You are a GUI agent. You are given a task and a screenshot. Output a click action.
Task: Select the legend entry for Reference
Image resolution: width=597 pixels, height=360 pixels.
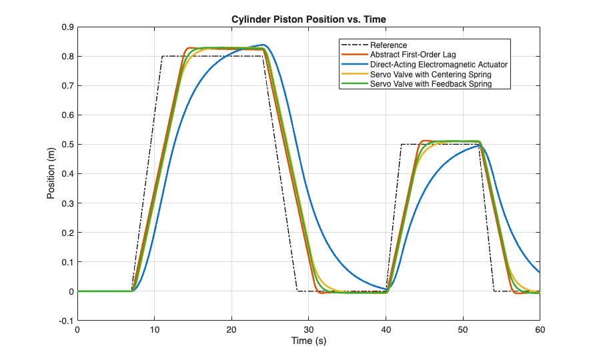(389, 45)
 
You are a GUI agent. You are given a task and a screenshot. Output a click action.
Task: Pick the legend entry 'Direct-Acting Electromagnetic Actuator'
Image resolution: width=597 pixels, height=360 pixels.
(439, 65)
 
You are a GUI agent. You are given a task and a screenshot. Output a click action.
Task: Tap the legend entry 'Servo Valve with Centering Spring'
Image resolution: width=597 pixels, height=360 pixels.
(430, 75)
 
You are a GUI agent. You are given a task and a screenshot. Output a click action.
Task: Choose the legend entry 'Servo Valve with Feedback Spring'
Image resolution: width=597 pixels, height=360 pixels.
(430, 84)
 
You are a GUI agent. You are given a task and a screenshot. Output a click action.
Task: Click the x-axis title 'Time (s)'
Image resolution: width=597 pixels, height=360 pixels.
(309, 341)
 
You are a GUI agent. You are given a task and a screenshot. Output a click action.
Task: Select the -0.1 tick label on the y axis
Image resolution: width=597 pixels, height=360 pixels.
(65, 321)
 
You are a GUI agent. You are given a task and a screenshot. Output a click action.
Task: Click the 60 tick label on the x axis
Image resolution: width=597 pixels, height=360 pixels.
(540, 330)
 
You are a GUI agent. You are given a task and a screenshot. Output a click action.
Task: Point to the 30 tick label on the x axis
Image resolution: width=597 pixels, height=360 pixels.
(309, 330)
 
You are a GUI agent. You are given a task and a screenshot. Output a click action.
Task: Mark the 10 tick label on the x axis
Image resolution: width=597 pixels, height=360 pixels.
(155, 330)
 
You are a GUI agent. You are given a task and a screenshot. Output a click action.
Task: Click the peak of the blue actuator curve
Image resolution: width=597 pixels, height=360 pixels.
(265, 45)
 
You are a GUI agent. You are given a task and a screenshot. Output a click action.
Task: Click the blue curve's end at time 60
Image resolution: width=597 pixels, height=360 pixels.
(540, 272)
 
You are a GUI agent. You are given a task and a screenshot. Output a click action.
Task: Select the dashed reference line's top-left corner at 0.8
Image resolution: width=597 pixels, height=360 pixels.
(162, 57)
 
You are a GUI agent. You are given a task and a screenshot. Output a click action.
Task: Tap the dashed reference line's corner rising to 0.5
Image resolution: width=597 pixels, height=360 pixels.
(402, 145)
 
